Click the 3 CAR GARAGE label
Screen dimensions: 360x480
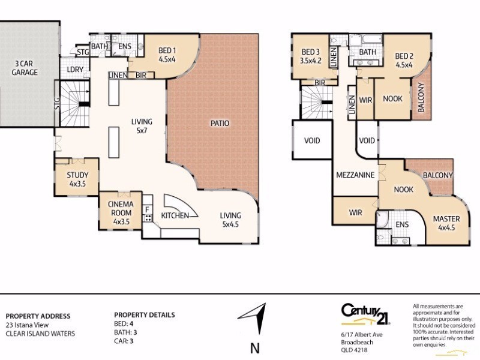coord(24,68)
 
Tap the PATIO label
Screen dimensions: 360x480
coord(220,124)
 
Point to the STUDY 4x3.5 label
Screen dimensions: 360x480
coord(77,179)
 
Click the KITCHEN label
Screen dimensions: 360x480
coord(175,215)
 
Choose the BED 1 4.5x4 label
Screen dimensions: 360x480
coord(167,55)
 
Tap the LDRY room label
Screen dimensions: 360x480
coord(76,70)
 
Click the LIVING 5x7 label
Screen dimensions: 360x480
coord(142,125)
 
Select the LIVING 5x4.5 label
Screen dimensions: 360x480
coord(230,220)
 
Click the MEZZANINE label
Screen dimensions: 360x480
coord(355,175)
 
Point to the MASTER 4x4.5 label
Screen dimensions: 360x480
coord(446,223)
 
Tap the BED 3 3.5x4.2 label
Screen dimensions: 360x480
coord(311,55)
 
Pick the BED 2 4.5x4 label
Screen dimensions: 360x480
coord(404,61)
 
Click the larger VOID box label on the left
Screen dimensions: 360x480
coord(312,141)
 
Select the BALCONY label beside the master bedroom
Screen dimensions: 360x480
coord(437,175)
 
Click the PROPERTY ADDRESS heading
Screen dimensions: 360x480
coord(38,316)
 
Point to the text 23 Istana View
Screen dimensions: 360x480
coord(28,325)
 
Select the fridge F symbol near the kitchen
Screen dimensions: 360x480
coord(147,209)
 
